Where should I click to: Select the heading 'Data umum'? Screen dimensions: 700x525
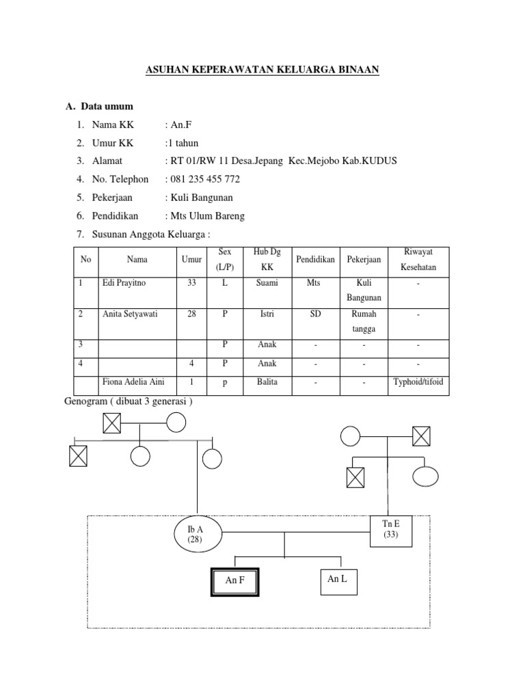(107, 107)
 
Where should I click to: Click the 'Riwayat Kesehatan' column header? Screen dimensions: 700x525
(418, 259)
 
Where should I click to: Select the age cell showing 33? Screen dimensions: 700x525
(191, 282)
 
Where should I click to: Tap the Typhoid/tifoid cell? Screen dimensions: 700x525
(418, 382)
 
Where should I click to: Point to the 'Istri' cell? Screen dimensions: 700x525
(267, 314)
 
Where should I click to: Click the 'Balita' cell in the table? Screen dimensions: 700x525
(267, 382)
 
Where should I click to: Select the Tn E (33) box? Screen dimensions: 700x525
(392, 530)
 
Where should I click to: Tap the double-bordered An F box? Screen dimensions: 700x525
(234, 581)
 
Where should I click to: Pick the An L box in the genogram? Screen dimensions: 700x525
(338, 579)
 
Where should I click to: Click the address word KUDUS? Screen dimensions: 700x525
(379, 161)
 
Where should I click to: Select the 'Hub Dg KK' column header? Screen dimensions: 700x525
(267, 259)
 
